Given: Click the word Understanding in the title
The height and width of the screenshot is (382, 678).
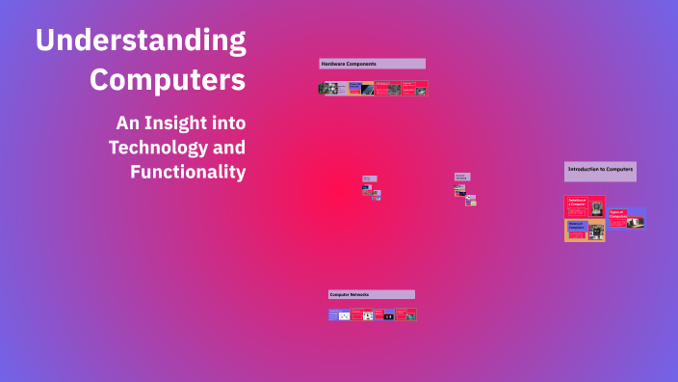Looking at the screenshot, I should (141, 41).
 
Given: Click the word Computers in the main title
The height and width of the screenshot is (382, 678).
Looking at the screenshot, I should (168, 79).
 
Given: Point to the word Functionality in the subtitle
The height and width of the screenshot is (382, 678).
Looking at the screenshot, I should (188, 172).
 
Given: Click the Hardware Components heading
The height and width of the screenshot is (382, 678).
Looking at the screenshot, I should (372, 64).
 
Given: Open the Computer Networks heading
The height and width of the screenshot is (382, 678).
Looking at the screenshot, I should (372, 294).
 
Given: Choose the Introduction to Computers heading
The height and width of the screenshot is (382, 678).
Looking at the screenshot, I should (600, 170).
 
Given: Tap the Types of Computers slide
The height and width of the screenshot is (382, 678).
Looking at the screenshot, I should (626, 218).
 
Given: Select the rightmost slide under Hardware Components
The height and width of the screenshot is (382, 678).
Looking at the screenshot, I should (415, 88).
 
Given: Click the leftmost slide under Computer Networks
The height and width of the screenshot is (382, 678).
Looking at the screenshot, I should (339, 314).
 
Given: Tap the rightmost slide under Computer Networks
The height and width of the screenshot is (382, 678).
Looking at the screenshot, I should (405, 314).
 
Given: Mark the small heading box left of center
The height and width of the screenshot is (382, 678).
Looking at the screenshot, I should (369, 178).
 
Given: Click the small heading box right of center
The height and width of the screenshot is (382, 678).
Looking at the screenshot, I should (462, 177).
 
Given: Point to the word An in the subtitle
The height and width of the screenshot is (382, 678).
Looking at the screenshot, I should (127, 123).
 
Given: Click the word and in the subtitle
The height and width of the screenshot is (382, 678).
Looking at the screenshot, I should (230, 148).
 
